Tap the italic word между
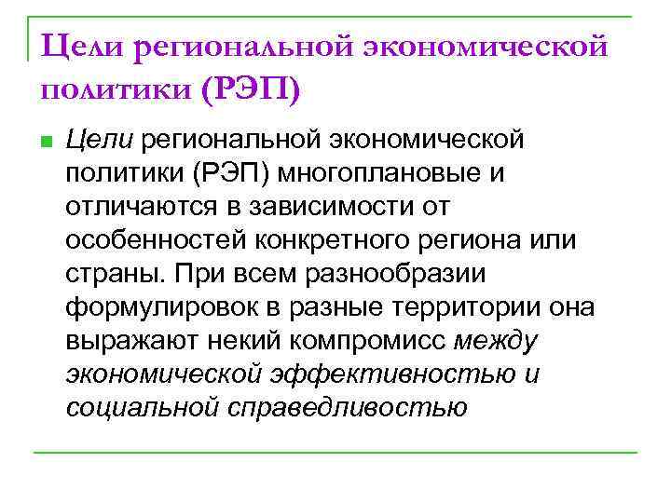click(x=496, y=341)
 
